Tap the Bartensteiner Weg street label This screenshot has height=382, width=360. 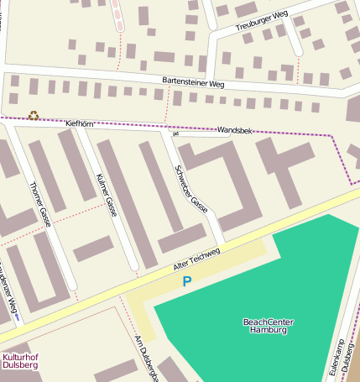click(x=193, y=84)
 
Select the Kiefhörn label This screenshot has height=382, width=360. click(x=80, y=123)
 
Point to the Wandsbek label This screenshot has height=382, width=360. click(x=234, y=131)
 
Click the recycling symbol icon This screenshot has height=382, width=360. click(x=34, y=115)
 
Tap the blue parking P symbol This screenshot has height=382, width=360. click(x=187, y=282)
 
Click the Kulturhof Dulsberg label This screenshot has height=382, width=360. click(x=19, y=361)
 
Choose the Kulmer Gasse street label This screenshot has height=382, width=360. click(x=106, y=195)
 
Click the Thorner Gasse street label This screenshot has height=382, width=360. click(x=40, y=203)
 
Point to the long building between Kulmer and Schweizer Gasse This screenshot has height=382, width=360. click(x=126, y=201)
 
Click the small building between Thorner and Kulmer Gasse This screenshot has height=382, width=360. click(x=93, y=248)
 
